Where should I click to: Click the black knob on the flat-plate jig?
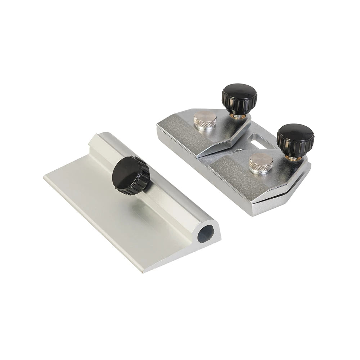131,175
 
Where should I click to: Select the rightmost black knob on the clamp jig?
295,140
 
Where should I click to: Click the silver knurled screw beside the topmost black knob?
205,121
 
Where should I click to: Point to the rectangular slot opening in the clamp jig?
260,141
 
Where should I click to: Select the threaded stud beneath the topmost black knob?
238,114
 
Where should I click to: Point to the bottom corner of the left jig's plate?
143,271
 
